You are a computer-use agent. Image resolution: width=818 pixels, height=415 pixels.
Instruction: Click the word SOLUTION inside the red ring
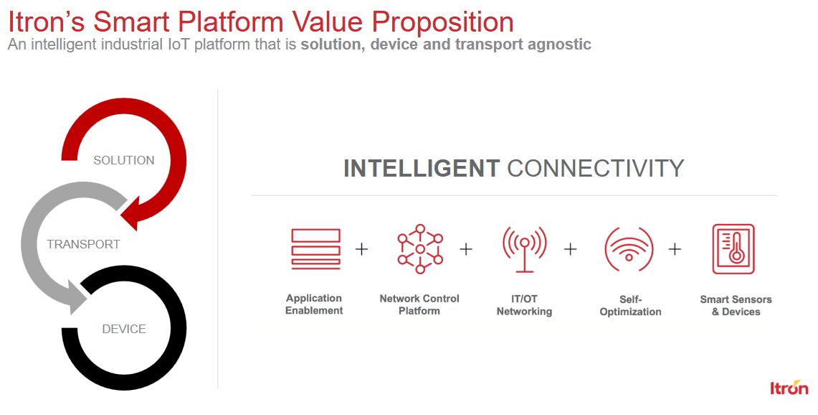pos(123,160)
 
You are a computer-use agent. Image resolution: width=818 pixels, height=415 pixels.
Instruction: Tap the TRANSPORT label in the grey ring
pos(83,244)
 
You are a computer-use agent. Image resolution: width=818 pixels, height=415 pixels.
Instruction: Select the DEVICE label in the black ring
pos(123,329)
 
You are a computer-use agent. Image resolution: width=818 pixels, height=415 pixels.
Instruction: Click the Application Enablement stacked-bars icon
pos(315,249)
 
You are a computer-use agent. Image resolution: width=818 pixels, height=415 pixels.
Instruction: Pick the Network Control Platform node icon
pos(420,249)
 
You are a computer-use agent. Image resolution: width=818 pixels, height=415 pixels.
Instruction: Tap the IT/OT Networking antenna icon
pos(524,249)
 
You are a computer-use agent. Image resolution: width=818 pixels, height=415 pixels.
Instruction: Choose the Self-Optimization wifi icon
pos(629,249)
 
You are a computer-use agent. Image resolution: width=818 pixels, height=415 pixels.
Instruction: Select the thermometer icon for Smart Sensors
pos(733,249)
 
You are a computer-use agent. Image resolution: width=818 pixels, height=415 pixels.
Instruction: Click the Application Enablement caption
pos(314,304)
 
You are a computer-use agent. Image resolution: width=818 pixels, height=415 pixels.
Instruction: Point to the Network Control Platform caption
pos(419,304)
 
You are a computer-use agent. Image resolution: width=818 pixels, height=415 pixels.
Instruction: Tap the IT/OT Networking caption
pos(524,305)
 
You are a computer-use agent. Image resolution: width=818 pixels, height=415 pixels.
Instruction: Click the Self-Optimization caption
pos(630,305)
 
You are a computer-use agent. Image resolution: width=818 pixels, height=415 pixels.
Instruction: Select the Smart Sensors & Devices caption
pos(736,305)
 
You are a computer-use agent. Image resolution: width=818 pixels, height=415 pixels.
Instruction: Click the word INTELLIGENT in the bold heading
pos(422,168)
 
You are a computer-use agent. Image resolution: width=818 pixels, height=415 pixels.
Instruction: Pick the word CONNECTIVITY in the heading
pos(595,168)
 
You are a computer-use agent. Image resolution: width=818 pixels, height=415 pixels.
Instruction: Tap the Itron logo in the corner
pos(789,387)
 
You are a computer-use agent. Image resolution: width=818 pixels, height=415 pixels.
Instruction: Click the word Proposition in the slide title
pos(443,22)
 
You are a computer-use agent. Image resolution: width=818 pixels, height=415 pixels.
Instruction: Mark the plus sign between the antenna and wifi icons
pos(570,249)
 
